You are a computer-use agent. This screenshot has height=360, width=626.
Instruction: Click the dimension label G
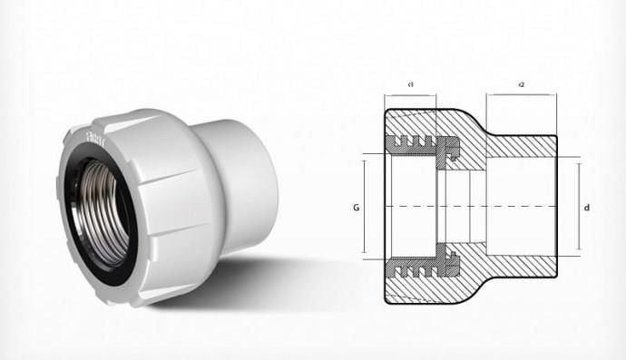(x=355, y=208)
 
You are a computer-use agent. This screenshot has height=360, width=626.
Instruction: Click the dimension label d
(x=588, y=208)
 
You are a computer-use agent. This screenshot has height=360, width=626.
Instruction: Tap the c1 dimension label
(x=411, y=84)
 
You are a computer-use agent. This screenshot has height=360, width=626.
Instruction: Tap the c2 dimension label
(x=522, y=84)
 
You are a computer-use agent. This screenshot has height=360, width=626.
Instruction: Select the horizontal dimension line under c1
(x=411, y=95)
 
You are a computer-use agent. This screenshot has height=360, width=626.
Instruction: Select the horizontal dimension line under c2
(x=522, y=95)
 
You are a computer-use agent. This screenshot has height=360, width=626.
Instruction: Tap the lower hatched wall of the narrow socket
(x=522, y=267)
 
